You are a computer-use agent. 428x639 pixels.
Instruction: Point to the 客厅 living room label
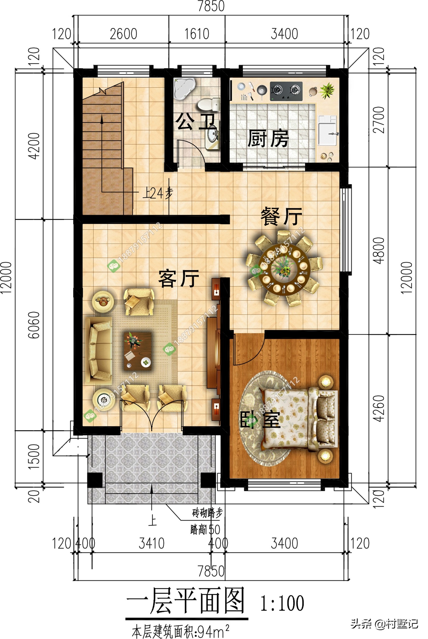(x=179, y=278)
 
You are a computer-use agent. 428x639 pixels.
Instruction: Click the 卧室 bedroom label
(x=260, y=419)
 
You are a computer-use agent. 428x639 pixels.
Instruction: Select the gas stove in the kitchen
(x=286, y=91)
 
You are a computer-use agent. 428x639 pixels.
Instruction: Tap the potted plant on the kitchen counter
(x=327, y=91)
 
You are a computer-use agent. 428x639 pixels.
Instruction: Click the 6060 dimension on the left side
(x=34, y=325)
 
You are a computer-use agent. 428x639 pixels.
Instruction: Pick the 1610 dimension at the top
(x=197, y=34)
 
